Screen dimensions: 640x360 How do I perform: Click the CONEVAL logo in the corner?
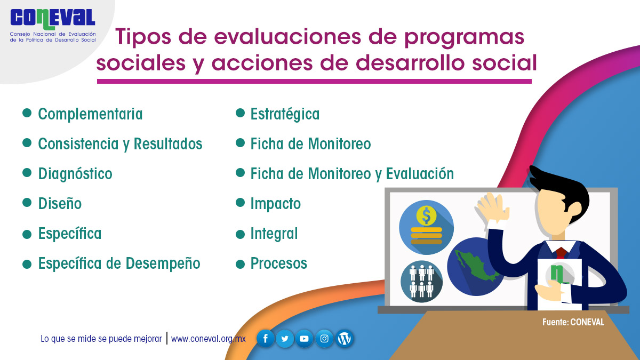(53, 25)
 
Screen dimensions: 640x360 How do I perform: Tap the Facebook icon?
(266, 339)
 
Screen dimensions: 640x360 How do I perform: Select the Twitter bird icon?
(285, 339)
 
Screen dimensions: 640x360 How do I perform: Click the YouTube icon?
(305, 339)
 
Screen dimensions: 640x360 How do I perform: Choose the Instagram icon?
(324, 339)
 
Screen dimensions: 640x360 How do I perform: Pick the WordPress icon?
(345, 339)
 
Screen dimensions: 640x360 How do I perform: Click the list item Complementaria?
(90, 114)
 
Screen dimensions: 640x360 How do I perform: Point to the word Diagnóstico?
(75, 174)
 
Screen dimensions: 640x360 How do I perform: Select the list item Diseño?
(60, 203)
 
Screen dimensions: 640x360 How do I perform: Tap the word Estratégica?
(285, 114)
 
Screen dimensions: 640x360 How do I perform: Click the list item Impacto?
(275, 204)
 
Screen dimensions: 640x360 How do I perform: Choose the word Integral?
(274, 234)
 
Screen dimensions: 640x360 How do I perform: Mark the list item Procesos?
(278, 263)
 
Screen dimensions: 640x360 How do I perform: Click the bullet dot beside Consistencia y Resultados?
(27, 143)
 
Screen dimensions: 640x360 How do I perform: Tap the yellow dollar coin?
(426, 215)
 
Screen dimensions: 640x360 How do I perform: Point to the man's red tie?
(561, 253)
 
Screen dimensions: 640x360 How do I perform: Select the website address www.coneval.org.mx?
(209, 339)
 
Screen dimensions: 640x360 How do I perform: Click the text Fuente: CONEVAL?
(573, 322)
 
